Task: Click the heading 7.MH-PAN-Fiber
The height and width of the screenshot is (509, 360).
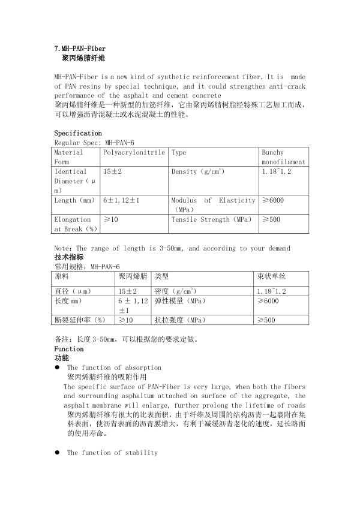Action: click(x=80, y=49)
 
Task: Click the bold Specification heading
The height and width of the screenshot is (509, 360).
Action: click(x=78, y=133)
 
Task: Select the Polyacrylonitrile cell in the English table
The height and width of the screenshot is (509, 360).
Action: click(x=134, y=153)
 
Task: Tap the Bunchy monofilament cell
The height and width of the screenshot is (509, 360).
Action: click(x=283, y=157)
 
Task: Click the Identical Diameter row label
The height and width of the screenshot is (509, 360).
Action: click(x=72, y=180)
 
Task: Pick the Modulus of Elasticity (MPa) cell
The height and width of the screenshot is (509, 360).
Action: click(x=213, y=205)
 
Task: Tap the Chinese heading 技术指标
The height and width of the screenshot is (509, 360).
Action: click(x=69, y=257)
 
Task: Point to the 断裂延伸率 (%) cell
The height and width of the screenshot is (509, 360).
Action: click(x=80, y=321)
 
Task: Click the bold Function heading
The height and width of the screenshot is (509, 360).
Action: click(x=69, y=349)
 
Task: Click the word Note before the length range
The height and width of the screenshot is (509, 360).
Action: click(x=62, y=248)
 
